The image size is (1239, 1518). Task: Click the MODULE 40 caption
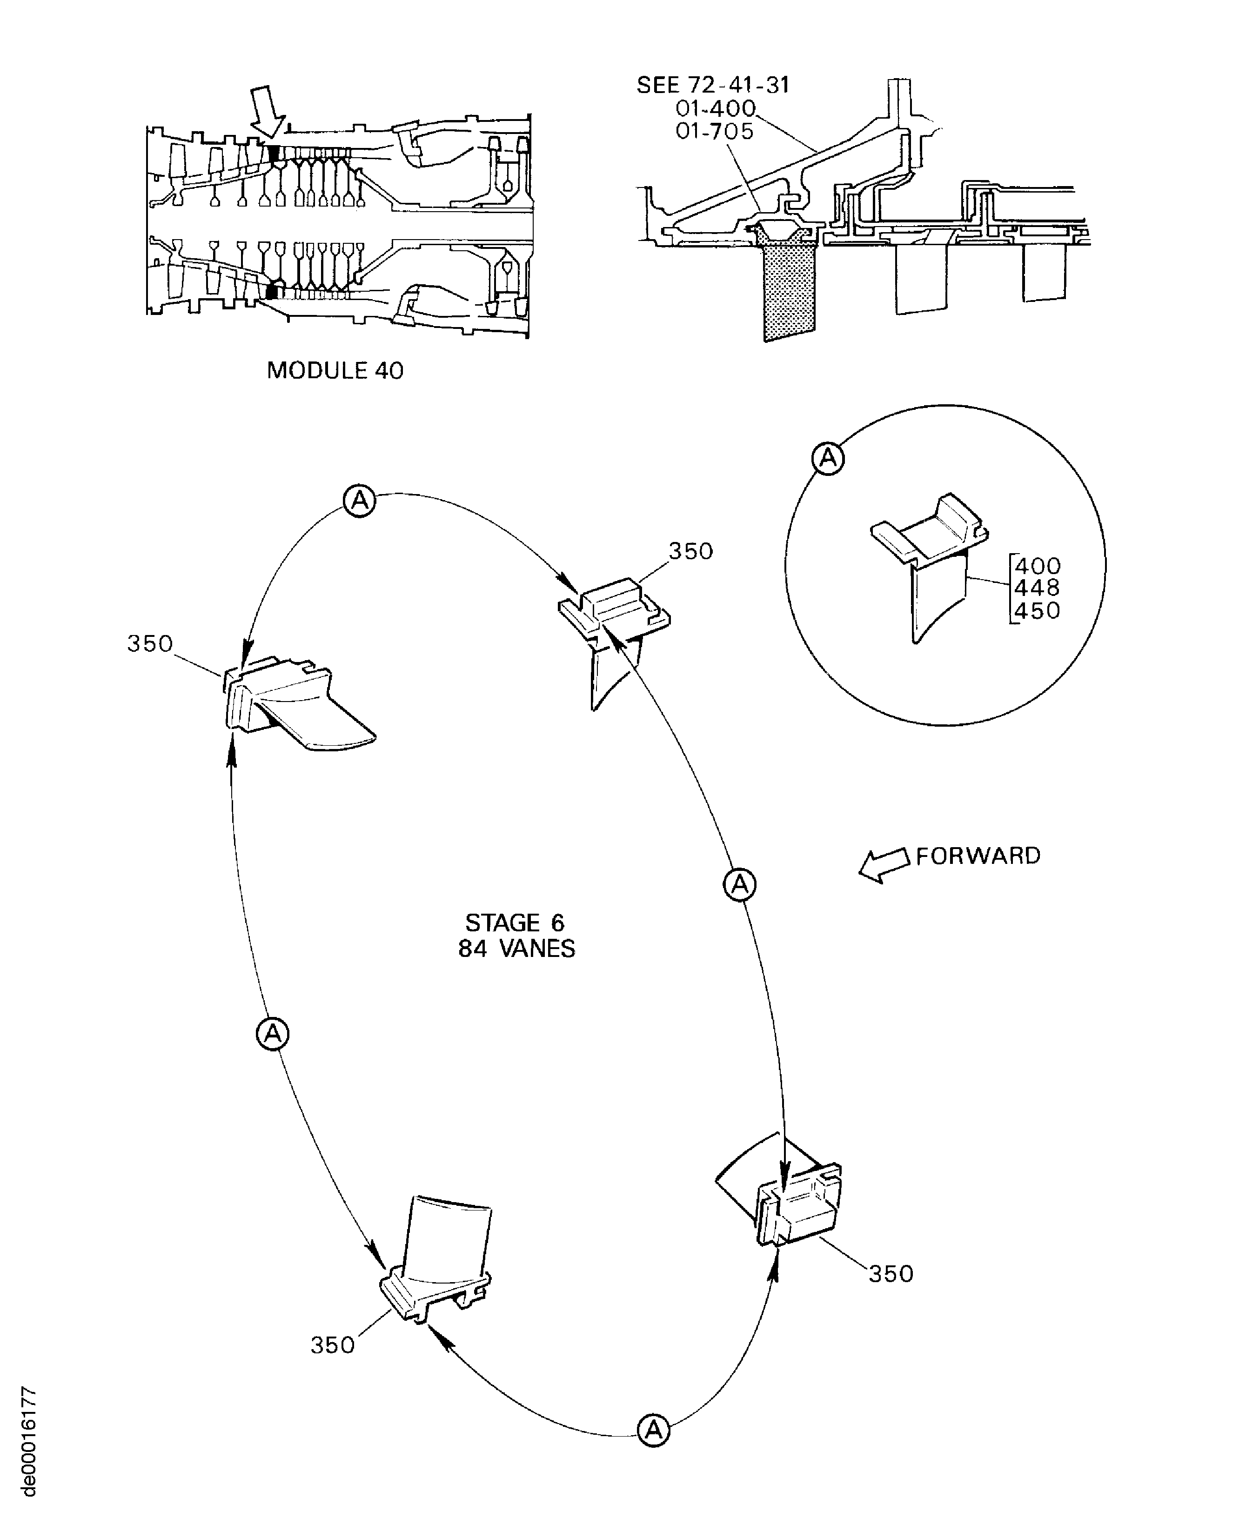(335, 370)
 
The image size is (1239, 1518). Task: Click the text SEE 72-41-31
(713, 85)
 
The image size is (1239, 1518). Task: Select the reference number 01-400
(715, 108)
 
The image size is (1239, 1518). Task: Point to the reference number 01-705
(715, 131)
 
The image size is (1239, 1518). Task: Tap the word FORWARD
(978, 856)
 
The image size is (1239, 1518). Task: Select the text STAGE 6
(515, 923)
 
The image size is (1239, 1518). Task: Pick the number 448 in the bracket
(1037, 588)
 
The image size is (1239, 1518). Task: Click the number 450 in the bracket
(1037, 611)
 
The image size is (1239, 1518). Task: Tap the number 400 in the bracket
(1037, 566)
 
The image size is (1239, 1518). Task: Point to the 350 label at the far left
(150, 644)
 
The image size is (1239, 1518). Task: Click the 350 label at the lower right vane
(891, 1274)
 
